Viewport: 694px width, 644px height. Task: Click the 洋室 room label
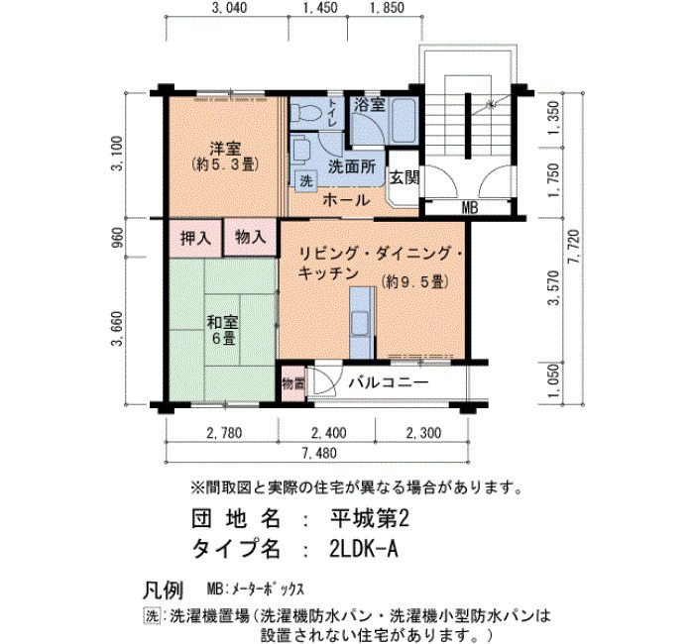[225, 148]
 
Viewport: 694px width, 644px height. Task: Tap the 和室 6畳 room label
[223, 330]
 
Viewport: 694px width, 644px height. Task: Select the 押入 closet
[195, 238]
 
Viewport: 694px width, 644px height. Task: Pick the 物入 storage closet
[250, 238]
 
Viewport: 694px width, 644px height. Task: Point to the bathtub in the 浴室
[404, 120]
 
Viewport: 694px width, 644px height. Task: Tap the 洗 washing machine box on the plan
[305, 180]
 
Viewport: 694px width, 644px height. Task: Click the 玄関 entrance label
[405, 177]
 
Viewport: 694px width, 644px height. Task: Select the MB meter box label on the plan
[470, 207]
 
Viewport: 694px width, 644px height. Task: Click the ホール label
[346, 200]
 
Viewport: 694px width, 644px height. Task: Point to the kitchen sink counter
[362, 322]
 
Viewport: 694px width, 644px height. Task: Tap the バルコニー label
[389, 382]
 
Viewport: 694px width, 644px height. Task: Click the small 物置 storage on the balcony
[293, 383]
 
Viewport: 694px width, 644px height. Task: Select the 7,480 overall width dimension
[319, 453]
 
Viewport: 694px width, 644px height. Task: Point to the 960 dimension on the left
[119, 238]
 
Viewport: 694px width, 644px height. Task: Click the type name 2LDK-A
[364, 549]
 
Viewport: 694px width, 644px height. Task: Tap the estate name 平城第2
[370, 518]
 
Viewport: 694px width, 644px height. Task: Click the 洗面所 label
[352, 166]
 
